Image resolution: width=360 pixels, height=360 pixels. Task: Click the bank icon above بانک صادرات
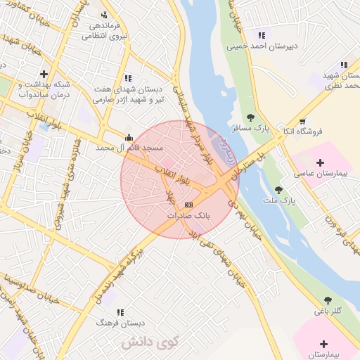coord(187,205)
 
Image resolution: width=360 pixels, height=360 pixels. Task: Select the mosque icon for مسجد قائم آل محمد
coord(128,138)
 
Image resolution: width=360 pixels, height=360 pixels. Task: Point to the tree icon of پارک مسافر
coord(250,117)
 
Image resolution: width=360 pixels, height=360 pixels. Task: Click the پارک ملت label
coord(300,200)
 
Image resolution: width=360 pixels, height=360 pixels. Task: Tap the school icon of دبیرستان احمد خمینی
coord(262,35)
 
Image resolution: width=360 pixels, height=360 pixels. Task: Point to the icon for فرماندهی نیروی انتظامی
coord(105,15)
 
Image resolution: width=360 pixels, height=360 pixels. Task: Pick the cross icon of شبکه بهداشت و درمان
coord(44,74)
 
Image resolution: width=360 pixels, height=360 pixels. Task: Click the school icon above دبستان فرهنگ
coord(120,312)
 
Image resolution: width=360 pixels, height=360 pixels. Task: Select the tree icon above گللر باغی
coord(328,300)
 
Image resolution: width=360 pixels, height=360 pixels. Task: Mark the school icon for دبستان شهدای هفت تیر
coord(127,78)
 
